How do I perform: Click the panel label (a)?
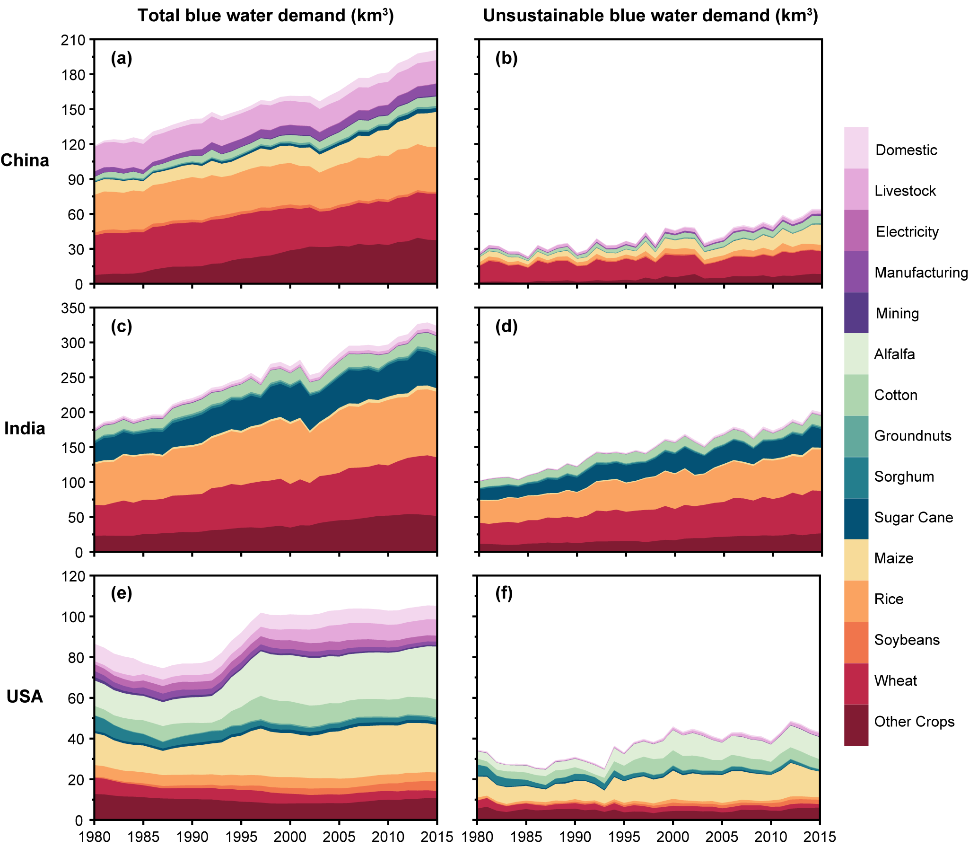click(122, 58)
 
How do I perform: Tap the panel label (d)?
click(506, 326)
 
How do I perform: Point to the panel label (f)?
click(505, 593)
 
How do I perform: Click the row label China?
click(25, 160)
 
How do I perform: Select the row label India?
click(25, 428)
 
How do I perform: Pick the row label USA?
click(25, 697)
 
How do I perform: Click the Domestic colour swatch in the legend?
click(856, 148)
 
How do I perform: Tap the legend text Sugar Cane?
click(913, 517)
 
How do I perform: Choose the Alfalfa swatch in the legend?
click(856, 354)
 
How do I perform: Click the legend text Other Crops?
click(914, 722)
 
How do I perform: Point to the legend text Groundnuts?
click(913, 436)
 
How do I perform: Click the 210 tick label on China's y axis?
click(73, 40)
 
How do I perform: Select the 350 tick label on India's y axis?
click(73, 308)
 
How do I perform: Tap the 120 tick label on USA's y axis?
click(73, 576)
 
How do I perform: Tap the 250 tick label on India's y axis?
click(73, 378)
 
